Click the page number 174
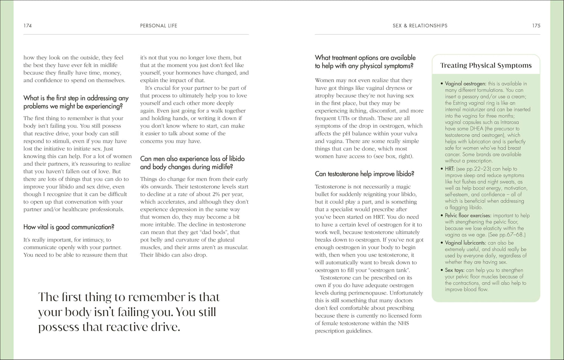[27, 26]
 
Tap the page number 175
[536, 26]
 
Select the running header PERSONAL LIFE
[158, 26]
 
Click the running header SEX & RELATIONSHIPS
[420, 26]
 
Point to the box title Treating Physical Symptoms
[486, 65]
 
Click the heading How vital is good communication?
[69, 227]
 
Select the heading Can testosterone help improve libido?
[364, 174]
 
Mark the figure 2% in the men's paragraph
[217, 194]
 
